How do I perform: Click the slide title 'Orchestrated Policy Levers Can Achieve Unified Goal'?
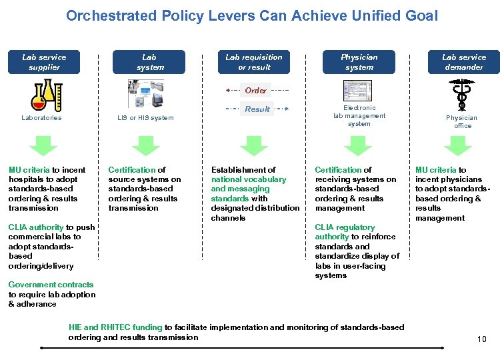[x=252, y=15]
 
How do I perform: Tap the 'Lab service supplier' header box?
[x=44, y=62]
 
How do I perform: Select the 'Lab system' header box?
[x=150, y=62]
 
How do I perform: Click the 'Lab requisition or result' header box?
[x=254, y=62]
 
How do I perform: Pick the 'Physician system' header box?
[x=359, y=62]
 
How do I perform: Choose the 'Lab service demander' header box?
[x=463, y=62]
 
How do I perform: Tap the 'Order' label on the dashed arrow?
[x=256, y=90]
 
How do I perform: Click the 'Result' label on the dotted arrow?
[x=257, y=109]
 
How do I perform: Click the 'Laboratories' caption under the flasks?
[x=41, y=118]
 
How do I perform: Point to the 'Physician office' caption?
[x=462, y=121]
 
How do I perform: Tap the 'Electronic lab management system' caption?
[x=359, y=115]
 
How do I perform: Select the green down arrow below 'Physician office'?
[x=458, y=145]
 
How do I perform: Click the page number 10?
[x=481, y=339]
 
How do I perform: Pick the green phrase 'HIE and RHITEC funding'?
[x=115, y=327]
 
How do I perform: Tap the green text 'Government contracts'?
[x=51, y=285]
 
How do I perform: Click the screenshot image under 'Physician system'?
[x=359, y=91]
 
